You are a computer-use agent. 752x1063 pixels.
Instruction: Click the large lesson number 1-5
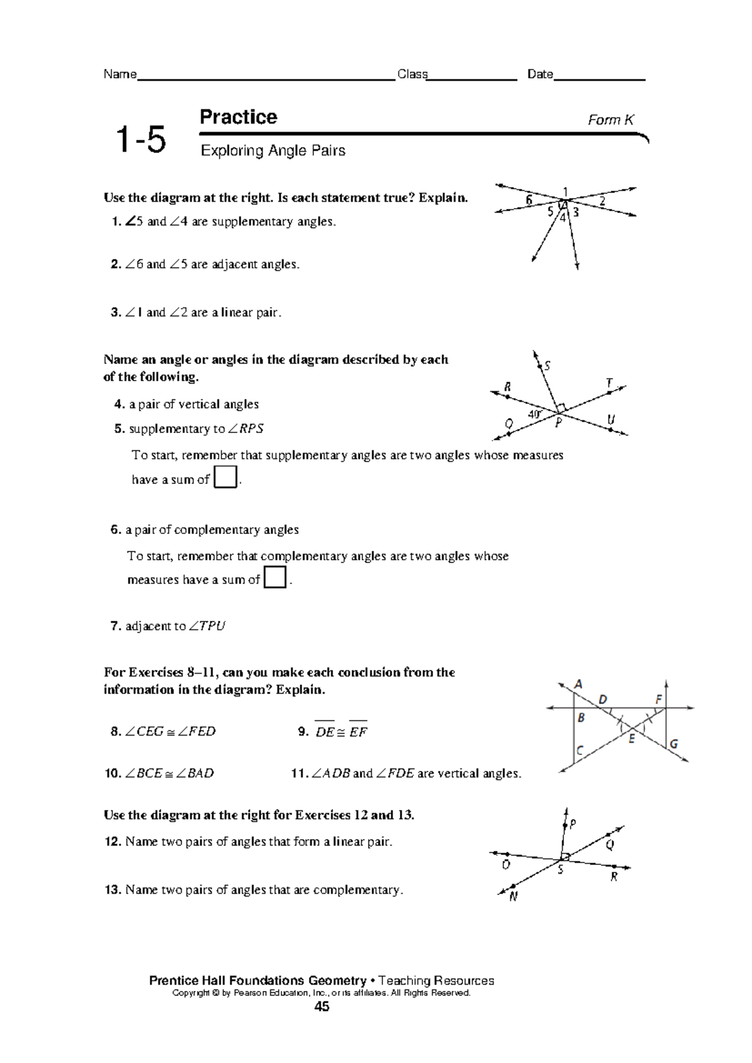[x=141, y=139]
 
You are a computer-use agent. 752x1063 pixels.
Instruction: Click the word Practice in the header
[x=238, y=117]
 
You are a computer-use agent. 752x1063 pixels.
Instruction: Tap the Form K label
[x=610, y=120]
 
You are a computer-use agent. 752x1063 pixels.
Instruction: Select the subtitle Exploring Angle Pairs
[x=273, y=150]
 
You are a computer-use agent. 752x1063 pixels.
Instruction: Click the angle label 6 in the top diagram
[x=530, y=200]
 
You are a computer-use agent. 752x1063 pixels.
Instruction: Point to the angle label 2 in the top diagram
[x=602, y=201]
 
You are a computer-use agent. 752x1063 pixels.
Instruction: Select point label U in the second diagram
[x=610, y=419]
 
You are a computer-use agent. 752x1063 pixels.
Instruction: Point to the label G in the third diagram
[x=674, y=744]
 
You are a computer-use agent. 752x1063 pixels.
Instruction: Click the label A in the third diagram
[x=578, y=684]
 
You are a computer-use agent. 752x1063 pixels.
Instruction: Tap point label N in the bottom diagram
[x=513, y=897]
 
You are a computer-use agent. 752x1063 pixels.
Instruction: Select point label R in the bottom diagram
[x=614, y=877]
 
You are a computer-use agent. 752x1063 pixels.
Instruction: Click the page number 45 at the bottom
[x=322, y=1007]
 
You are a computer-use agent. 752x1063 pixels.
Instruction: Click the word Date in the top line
[x=540, y=75]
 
